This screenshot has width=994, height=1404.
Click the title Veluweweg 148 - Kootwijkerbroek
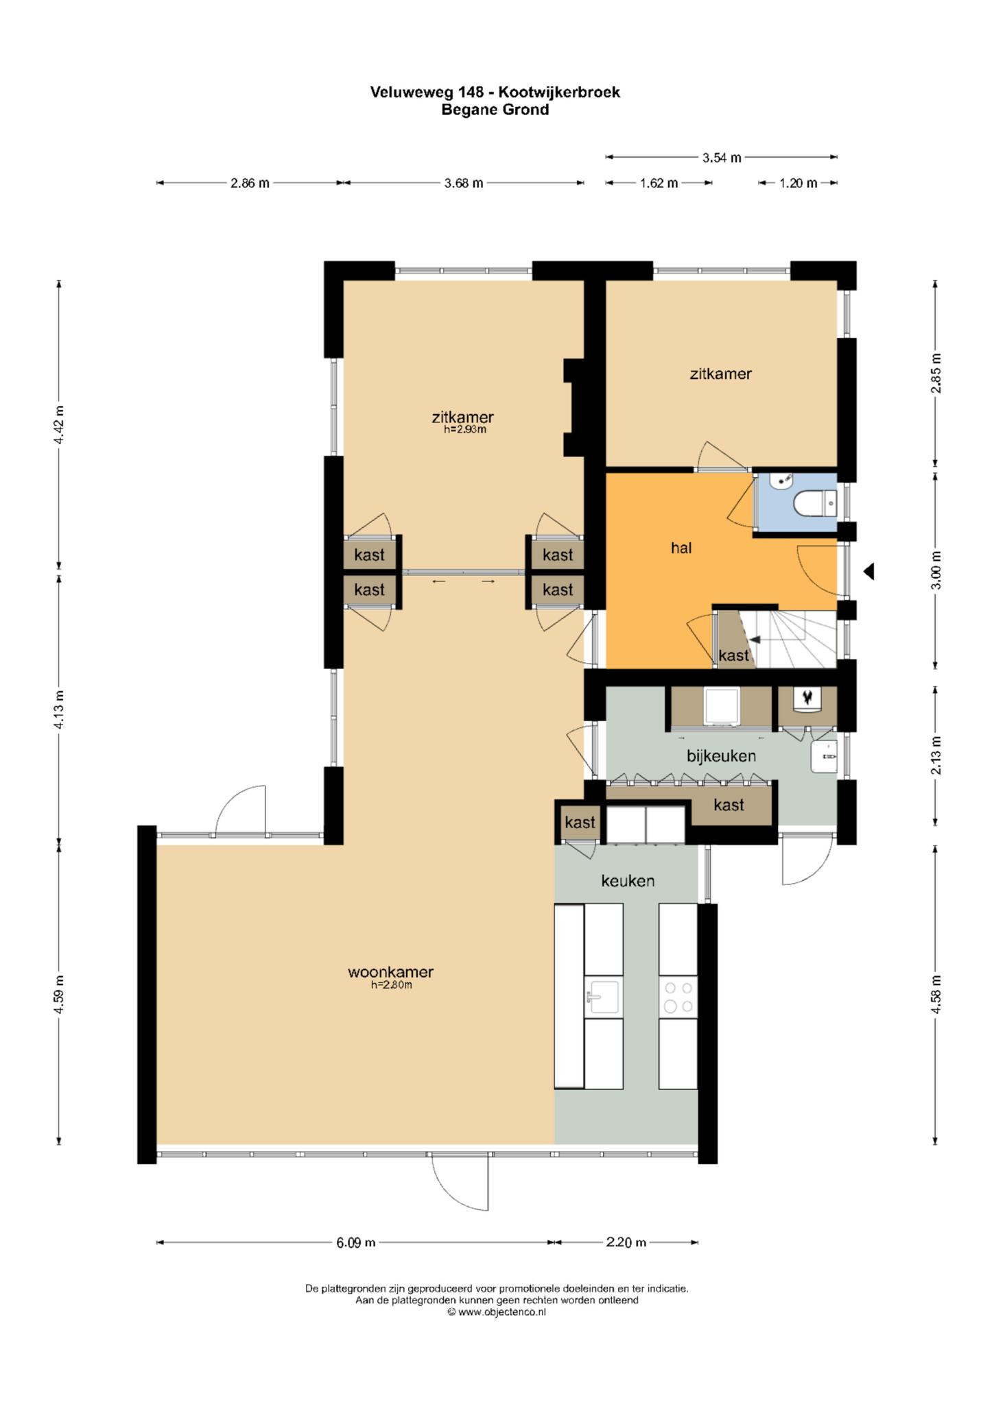[x=495, y=92]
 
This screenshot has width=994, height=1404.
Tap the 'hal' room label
[x=681, y=548]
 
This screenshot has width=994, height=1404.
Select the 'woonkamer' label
[x=390, y=971]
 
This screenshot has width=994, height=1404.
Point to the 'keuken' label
[x=628, y=880]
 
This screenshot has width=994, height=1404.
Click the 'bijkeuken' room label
[x=722, y=755]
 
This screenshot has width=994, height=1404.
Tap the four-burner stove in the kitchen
[x=678, y=997]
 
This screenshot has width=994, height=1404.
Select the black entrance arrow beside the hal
[x=868, y=570]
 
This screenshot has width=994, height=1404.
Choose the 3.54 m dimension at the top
[x=722, y=158]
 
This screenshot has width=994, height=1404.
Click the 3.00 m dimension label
[x=937, y=570]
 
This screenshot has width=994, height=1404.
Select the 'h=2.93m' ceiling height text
[x=465, y=430]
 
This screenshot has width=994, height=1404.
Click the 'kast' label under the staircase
[x=733, y=655]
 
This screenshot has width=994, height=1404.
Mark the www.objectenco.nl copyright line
[x=497, y=1312]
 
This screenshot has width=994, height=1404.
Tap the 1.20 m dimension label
[x=798, y=183]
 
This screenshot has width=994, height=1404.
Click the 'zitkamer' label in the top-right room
[x=720, y=374]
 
